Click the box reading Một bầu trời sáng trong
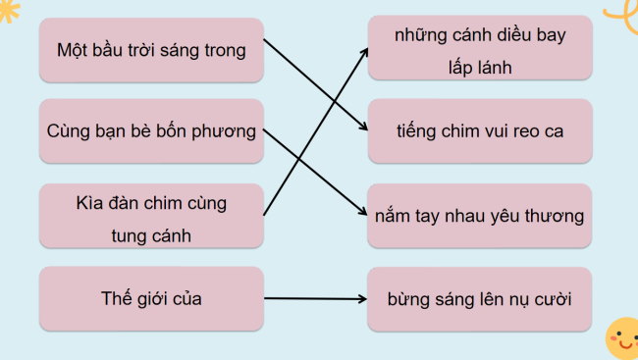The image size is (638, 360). [151, 49]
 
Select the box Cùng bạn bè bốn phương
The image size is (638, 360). [151, 130]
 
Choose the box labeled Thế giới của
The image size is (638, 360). [151, 298]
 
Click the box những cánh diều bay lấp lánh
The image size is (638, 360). [480, 49]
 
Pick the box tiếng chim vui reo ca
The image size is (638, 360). [480, 130]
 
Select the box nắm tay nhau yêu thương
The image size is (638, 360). [480, 216]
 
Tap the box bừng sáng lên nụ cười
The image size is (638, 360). [480, 298]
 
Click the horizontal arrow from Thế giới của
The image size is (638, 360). [314, 298]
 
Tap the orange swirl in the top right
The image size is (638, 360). [620, 16]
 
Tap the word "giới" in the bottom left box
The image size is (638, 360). [152, 298]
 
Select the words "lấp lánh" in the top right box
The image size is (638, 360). [480, 67]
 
